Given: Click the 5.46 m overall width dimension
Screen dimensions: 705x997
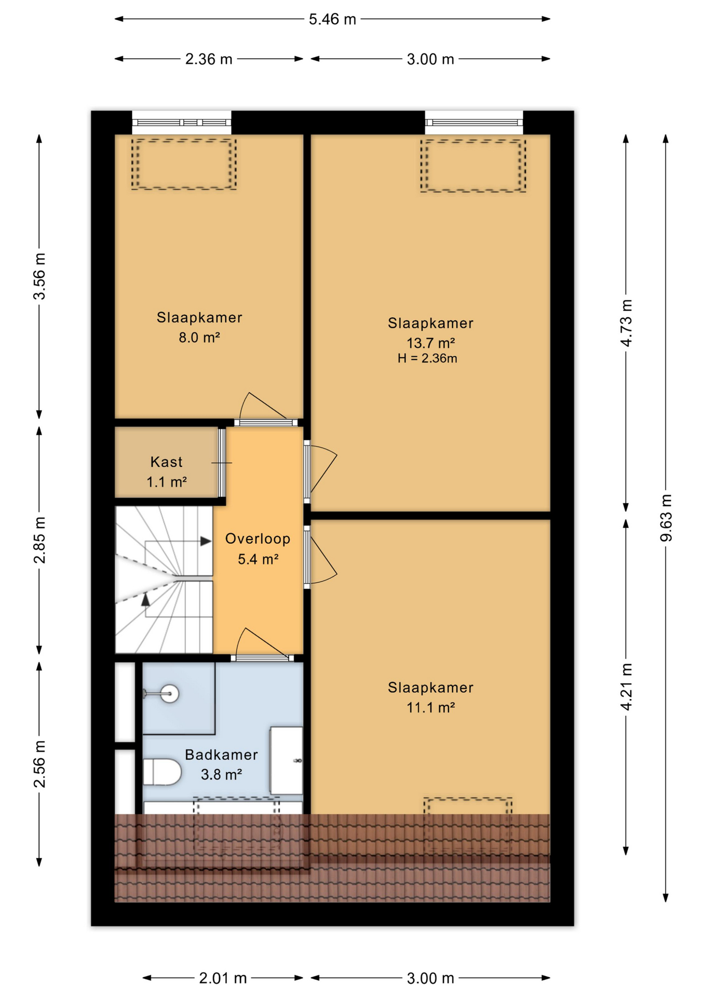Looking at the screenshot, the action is (332, 19).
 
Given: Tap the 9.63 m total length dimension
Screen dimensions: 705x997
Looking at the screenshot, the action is (666, 518).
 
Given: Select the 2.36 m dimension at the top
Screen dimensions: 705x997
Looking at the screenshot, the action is (209, 59).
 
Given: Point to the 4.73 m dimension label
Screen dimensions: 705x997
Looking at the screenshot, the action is (627, 323).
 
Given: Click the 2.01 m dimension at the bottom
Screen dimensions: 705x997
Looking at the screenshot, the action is (223, 978).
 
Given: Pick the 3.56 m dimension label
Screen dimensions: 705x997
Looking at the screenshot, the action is (39, 276).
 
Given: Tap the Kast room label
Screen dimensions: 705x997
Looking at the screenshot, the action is (166, 462).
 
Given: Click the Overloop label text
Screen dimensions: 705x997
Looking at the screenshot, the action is (257, 538).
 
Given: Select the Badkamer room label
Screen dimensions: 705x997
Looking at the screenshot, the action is (221, 755).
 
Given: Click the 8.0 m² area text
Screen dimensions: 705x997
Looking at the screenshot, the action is (199, 338).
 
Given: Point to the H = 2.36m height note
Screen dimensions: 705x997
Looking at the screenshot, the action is (427, 358).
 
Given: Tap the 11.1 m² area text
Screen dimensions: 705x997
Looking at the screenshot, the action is (430, 707).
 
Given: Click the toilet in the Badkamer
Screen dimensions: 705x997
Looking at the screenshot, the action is (161, 772).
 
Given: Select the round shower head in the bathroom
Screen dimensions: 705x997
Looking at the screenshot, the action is (169, 693).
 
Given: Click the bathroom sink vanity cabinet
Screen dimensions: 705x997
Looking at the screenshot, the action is (286, 761).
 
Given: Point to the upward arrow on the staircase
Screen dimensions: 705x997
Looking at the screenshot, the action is (146, 599).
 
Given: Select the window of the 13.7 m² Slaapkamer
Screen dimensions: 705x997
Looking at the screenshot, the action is (474, 123).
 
